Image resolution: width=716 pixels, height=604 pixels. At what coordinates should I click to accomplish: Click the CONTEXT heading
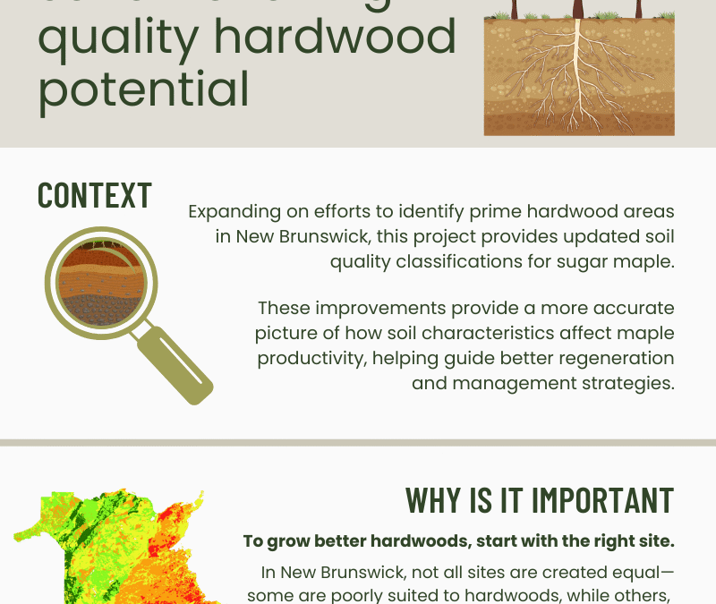[94, 195]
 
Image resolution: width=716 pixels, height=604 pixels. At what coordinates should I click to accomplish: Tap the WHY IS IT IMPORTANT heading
[539, 499]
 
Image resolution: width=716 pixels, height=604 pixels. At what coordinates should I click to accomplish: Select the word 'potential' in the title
[143, 89]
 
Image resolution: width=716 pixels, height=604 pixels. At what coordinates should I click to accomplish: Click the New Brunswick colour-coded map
[116, 546]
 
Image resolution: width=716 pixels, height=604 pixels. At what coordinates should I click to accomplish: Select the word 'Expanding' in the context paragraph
[239, 212]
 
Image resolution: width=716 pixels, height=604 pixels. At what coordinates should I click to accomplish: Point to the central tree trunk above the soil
[578, 9]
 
